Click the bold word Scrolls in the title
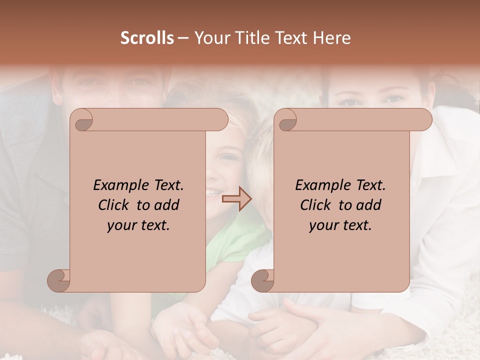coord(147,38)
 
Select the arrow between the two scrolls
coord(236,199)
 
